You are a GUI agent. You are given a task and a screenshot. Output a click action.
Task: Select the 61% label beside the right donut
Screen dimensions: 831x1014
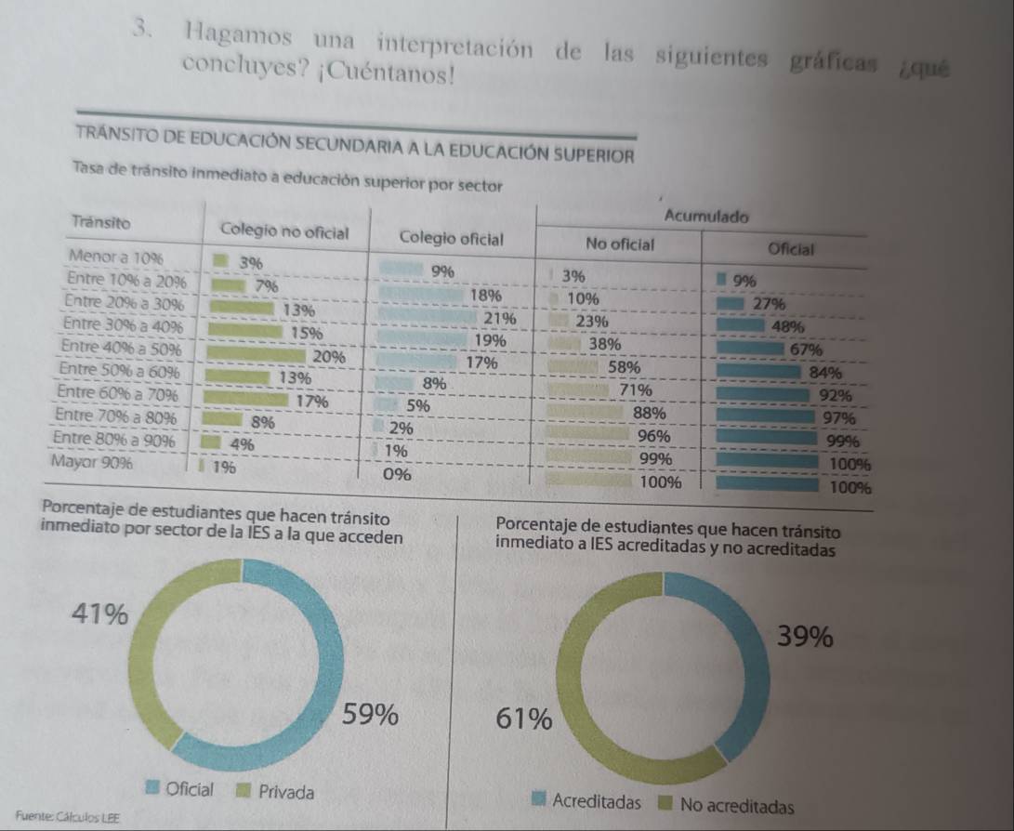coord(525,719)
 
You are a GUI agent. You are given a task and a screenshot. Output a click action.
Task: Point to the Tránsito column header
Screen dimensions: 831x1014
coord(100,223)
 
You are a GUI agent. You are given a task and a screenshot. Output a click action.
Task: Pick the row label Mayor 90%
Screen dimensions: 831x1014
coord(93,461)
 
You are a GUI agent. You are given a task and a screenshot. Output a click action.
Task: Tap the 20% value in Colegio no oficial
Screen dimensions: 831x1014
coord(330,356)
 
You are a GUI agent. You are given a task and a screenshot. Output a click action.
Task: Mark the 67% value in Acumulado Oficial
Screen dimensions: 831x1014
coord(805,350)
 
